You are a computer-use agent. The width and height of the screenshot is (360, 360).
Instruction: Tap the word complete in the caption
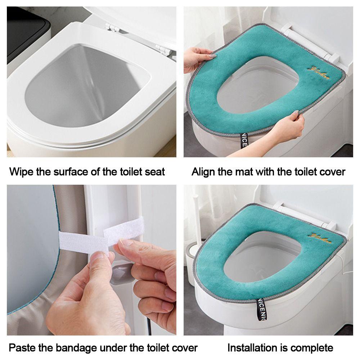[312, 348]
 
